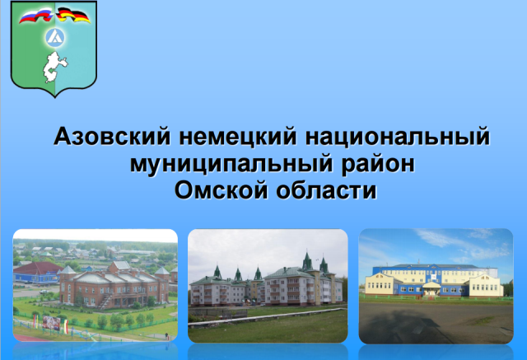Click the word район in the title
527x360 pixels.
[378, 165]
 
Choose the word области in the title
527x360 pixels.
[326, 190]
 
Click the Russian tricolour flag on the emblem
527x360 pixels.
[36, 16]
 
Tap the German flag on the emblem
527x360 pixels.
[73, 16]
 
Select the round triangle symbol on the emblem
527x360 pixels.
[55, 37]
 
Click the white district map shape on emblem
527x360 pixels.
[54, 67]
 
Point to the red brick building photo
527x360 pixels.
[96, 285]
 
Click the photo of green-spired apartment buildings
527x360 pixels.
[268, 286]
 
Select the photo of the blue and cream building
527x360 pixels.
[436, 286]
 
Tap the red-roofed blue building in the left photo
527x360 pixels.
[38, 273]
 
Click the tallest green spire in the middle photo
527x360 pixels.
[307, 260]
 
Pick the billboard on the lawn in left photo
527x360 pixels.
[51, 323]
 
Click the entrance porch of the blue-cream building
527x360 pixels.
[431, 288]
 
